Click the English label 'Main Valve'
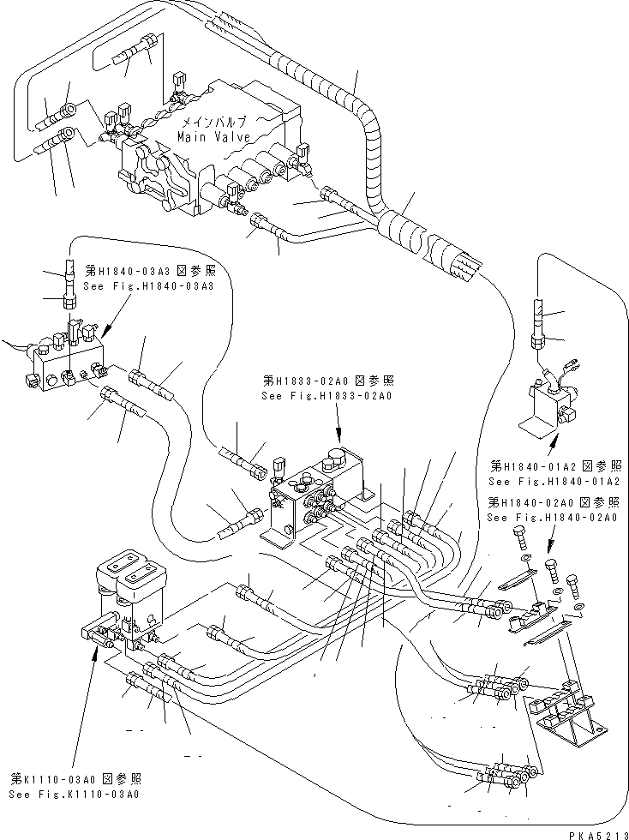[x=214, y=137]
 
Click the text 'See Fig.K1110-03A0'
[x=75, y=794]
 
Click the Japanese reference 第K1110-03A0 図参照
[x=75, y=778]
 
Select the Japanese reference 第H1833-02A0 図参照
[x=326, y=381]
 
